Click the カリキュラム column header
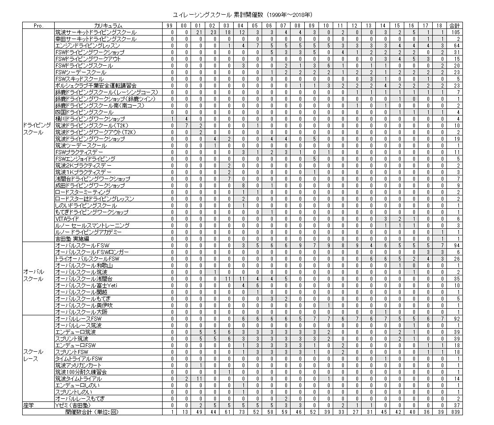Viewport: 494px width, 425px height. (x=108, y=26)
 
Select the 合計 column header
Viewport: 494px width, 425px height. (x=455, y=26)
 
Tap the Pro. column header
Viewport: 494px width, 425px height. (x=38, y=26)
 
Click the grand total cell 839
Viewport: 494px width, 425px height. (x=455, y=412)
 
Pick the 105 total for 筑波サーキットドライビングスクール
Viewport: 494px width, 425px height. (x=455, y=32)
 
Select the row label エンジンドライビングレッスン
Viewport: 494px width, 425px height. (x=88, y=46)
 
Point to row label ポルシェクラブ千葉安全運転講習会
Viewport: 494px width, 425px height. (x=96, y=85)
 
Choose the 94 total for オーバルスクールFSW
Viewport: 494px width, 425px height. (x=455, y=245)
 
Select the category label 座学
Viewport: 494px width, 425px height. (x=29, y=405)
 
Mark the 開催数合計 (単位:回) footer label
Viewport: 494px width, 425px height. (x=92, y=412)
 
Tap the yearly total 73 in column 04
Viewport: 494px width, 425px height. (x=241, y=412)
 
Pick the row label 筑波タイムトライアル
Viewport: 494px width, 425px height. (x=79, y=379)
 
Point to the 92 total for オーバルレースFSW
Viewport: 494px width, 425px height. (x=455, y=319)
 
